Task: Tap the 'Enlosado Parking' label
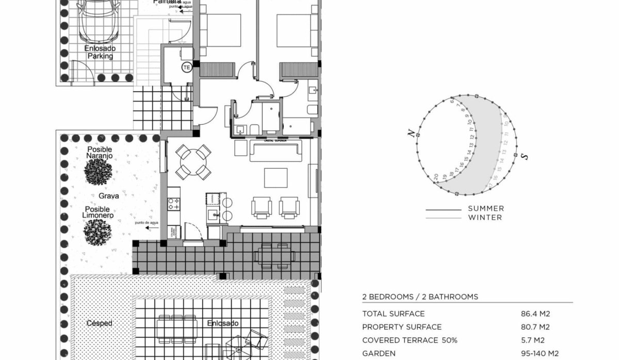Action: pos(100,52)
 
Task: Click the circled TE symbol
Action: pos(186,67)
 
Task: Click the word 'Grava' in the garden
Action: pos(109,196)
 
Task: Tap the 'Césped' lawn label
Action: pos(100,323)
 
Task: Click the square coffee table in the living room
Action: pos(275,178)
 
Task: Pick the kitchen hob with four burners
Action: pos(174,204)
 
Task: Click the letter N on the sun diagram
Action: pos(411,134)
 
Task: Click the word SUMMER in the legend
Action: pos(485,208)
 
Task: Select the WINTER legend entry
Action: pos(485,217)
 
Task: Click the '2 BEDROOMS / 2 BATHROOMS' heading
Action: pos(420,297)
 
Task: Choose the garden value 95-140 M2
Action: pos(540,354)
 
